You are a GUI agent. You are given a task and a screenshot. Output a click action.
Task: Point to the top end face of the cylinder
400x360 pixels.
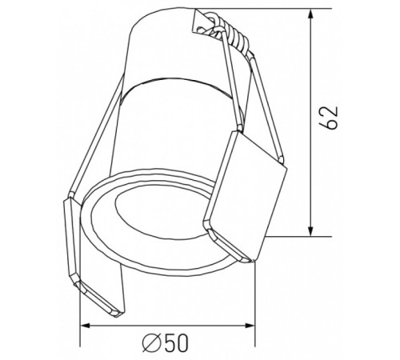pos(172,28)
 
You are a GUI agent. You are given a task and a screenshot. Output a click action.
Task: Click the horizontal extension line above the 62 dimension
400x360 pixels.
pos(280,9)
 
